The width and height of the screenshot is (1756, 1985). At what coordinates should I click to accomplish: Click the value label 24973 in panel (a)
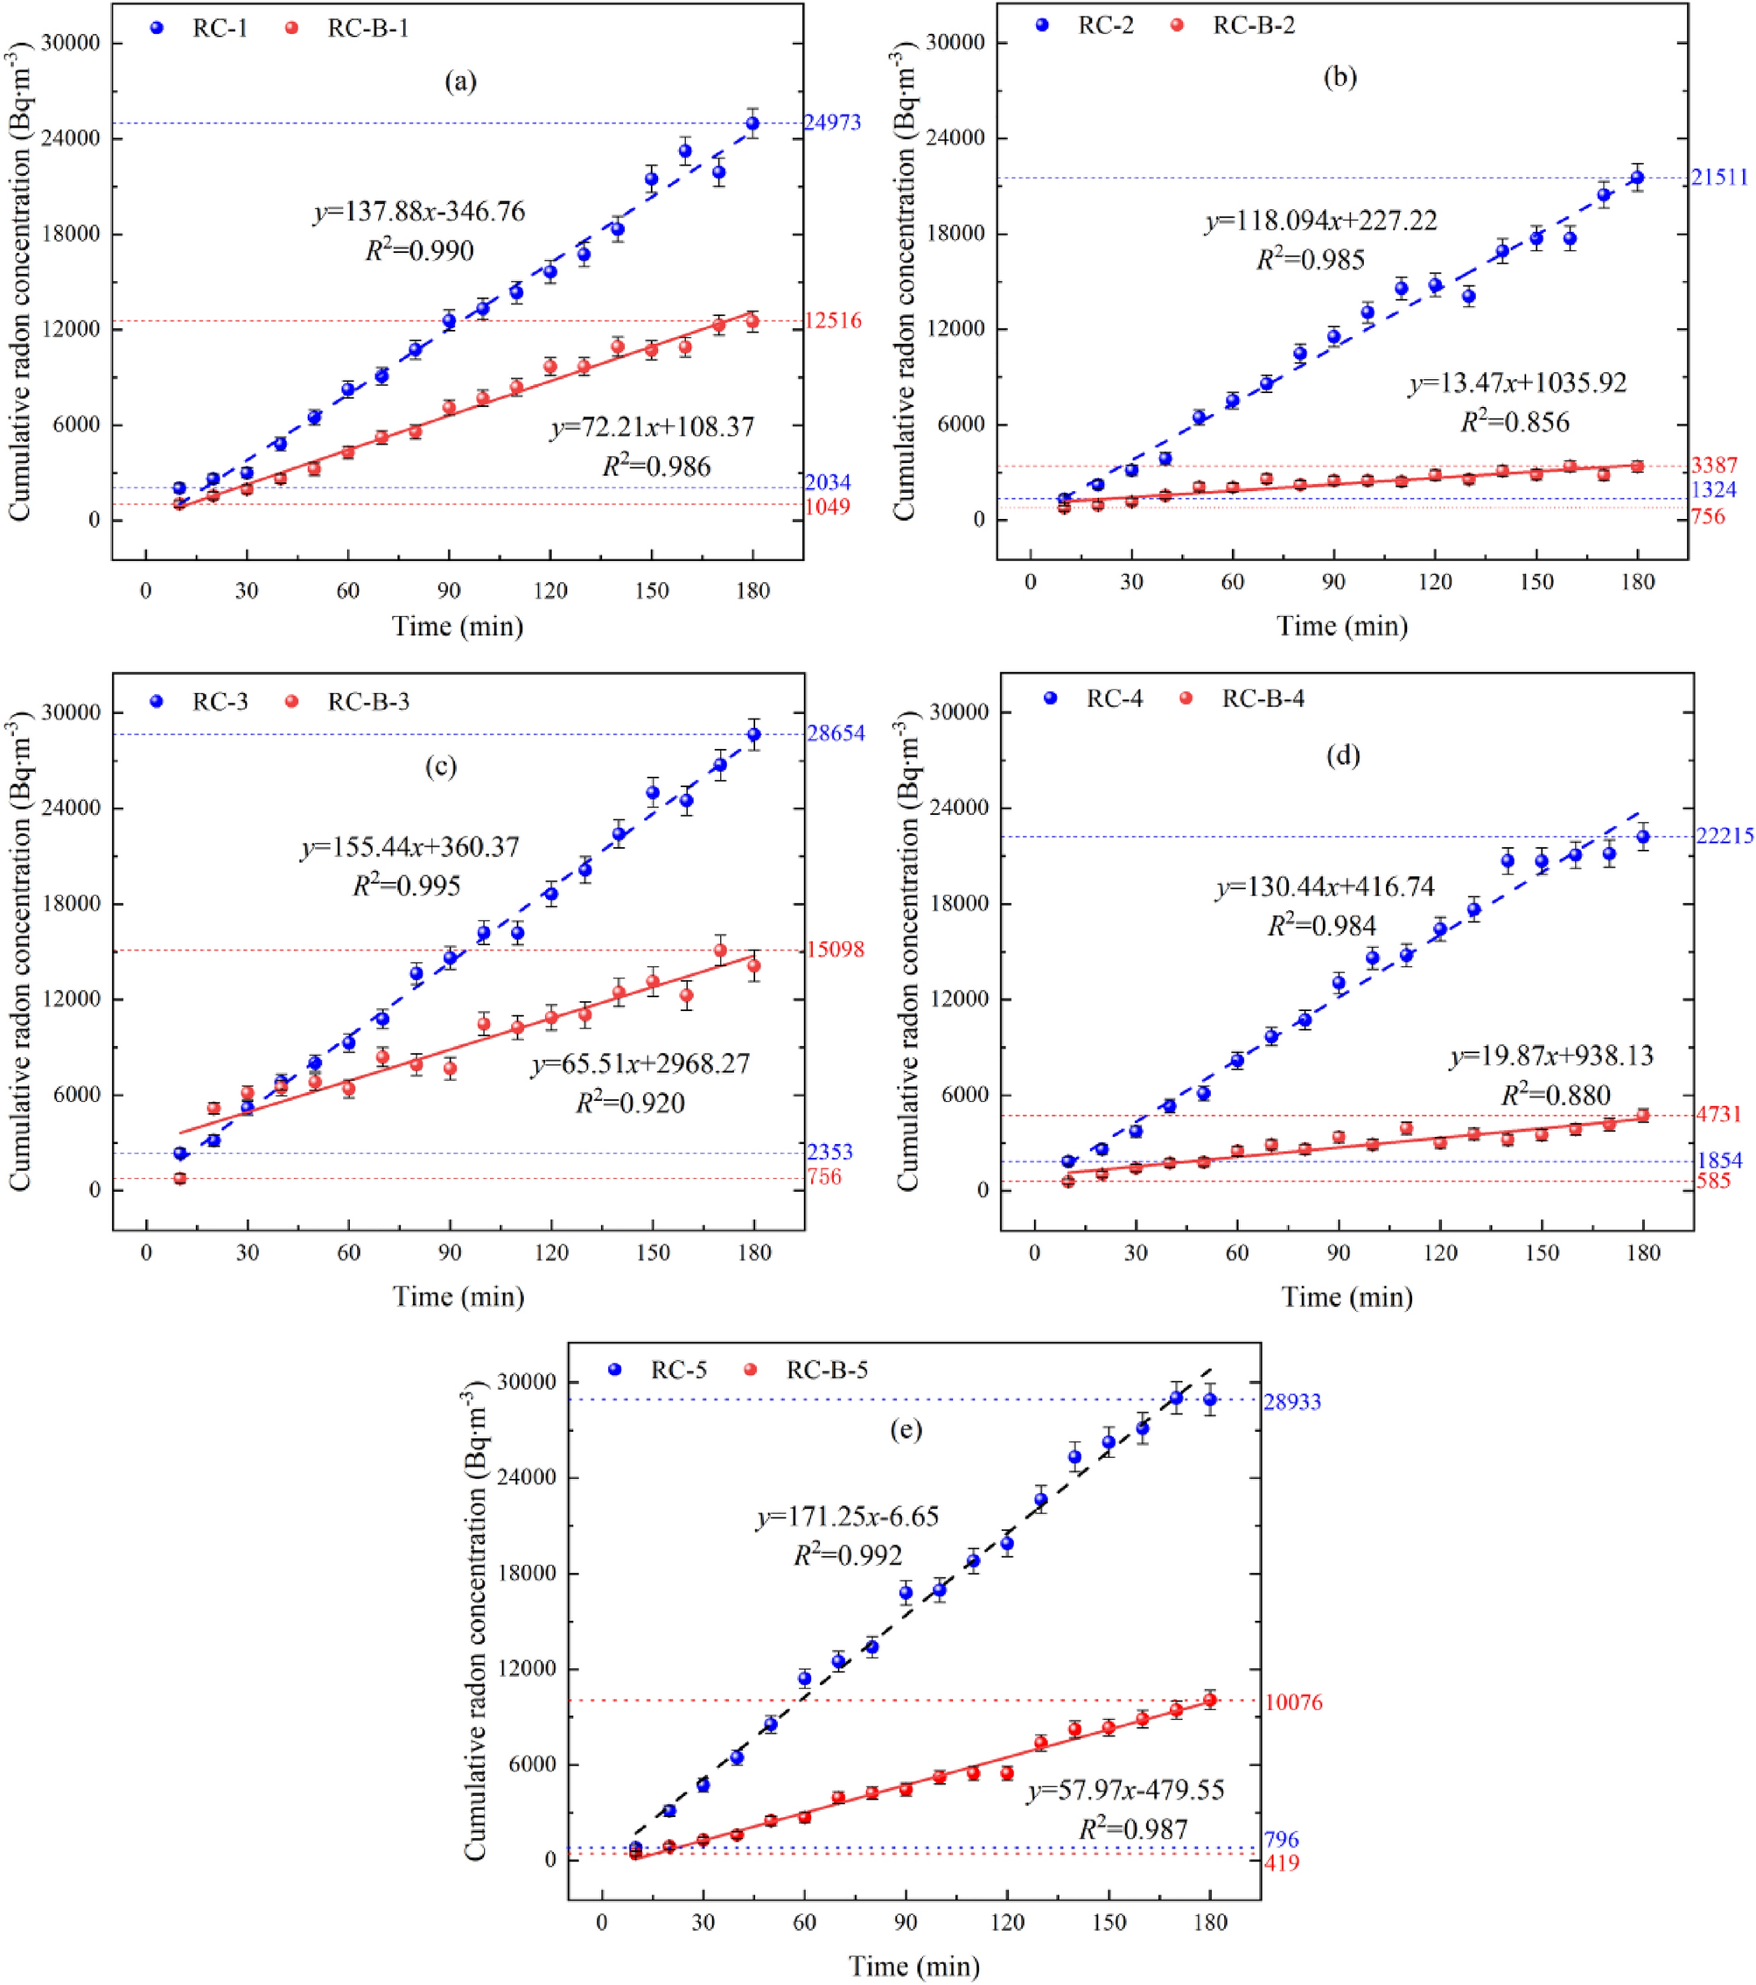[832, 123]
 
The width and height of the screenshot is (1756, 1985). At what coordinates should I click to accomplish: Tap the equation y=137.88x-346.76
[419, 212]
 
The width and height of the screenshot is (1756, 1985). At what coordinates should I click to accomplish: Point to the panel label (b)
[1340, 78]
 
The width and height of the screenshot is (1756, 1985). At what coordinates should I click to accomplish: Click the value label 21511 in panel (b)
[1719, 178]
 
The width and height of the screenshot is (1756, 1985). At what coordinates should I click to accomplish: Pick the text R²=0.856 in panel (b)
[1515, 422]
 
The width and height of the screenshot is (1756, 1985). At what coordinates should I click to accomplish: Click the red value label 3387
[1714, 465]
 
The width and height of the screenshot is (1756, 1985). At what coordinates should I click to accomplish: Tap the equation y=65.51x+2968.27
[640, 1064]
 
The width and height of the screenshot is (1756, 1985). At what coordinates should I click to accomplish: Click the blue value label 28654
[836, 733]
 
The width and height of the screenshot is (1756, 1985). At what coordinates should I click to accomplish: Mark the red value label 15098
[835, 950]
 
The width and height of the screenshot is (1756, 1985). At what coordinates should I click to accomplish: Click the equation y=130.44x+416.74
[1324, 887]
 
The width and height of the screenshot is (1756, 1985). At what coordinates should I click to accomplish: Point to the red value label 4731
[1718, 1115]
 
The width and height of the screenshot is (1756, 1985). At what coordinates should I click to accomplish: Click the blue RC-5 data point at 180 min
[1209, 1399]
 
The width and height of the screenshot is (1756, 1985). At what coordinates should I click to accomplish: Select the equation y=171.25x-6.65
[848, 1517]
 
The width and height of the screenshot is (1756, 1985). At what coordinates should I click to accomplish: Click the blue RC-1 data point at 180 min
[752, 123]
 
